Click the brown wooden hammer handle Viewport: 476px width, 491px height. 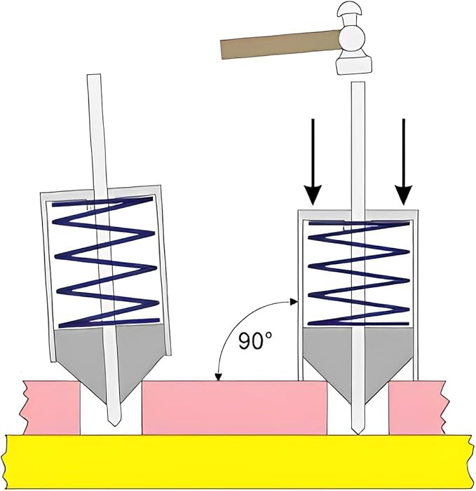click(280, 44)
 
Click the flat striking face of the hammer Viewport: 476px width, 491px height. click(354, 66)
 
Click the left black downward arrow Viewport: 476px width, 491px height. click(312, 162)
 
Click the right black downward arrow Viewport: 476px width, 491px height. click(403, 162)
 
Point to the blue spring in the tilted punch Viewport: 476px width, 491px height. click(106, 263)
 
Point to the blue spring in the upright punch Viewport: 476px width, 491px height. click(359, 272)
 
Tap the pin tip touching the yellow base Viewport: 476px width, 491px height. click(358, 433)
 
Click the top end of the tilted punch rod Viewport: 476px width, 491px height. click(94, 75)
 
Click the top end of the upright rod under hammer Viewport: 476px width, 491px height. click(358, 83)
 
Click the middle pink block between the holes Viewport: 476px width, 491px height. click(234, 408)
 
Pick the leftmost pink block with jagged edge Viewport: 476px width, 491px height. click(50, 408)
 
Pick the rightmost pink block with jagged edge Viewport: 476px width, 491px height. click(417, 408)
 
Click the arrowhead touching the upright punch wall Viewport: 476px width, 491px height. click(294, 302)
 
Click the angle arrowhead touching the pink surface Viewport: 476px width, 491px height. click(219, 377)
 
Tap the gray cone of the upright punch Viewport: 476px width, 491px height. click(358, 364)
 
